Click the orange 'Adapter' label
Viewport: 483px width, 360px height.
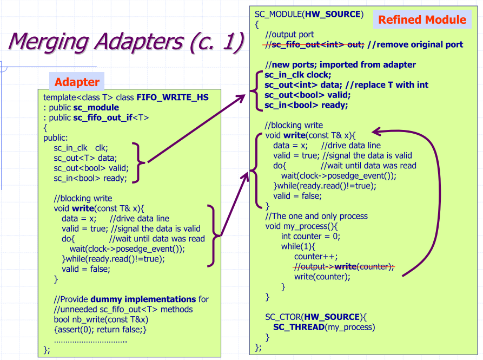tap(77, 82)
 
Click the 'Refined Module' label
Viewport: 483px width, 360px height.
tap(422, 20)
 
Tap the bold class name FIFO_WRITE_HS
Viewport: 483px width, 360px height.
tap(173, 97)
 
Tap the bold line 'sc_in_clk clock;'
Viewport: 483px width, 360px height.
tap(297, 75)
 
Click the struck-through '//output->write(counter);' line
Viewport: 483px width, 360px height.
tap(343, 266)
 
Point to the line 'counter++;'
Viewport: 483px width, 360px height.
tap(316, 257)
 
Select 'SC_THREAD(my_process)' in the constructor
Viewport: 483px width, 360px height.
tap(323, 326)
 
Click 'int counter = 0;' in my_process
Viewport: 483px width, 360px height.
tap(310, 236)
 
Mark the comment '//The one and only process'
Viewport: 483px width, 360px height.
tap(316, 216)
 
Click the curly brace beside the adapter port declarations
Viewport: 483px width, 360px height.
tap(141, 161)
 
